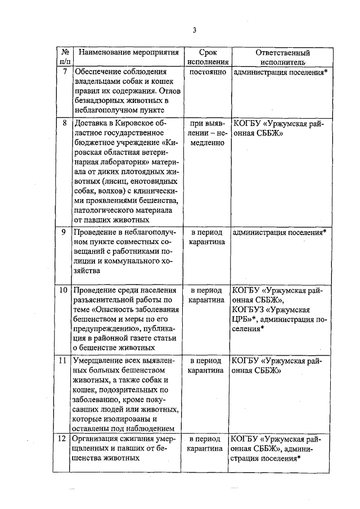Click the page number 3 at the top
point(194,30)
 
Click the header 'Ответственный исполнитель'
point(279,57)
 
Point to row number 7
point(65,71)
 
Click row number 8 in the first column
point(65,122)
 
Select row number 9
point(65,231)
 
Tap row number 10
point(64,290)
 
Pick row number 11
point(64,360)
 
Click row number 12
point(64,438)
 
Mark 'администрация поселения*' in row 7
point(279,72)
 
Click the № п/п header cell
point(65,57)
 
